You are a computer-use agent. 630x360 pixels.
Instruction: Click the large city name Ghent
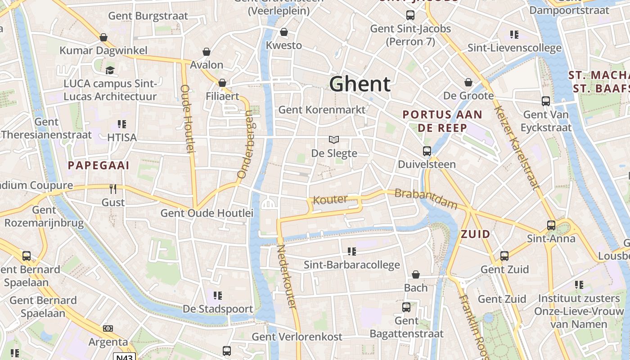(360, 84)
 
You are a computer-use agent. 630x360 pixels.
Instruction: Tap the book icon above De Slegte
(334, 140)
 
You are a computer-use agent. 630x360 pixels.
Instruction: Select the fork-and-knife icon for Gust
(113, 189)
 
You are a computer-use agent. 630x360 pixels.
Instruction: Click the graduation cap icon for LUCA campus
(110, 70)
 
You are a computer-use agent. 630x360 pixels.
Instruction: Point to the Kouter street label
(331, 199)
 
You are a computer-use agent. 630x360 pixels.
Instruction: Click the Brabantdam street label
(426, 199)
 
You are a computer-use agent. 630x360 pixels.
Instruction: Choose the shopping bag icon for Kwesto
(284, 32)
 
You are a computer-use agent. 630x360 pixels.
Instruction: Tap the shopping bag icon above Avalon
(207, 52)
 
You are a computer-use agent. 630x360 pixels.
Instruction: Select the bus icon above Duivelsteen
(427, 151)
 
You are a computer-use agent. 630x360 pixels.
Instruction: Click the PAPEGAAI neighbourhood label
(99, 166)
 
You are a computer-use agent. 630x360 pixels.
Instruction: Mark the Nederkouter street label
(287, 276)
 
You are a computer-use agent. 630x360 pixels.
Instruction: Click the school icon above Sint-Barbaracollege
(352, 251)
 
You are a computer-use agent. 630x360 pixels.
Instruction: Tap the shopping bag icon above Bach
(416, 274)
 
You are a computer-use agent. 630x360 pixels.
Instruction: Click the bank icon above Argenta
(108, 328)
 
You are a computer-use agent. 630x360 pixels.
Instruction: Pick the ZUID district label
(475, 234)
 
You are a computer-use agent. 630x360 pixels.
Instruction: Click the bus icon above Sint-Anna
(551, 225)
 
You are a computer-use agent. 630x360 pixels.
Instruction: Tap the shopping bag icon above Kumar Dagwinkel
(103, 37)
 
